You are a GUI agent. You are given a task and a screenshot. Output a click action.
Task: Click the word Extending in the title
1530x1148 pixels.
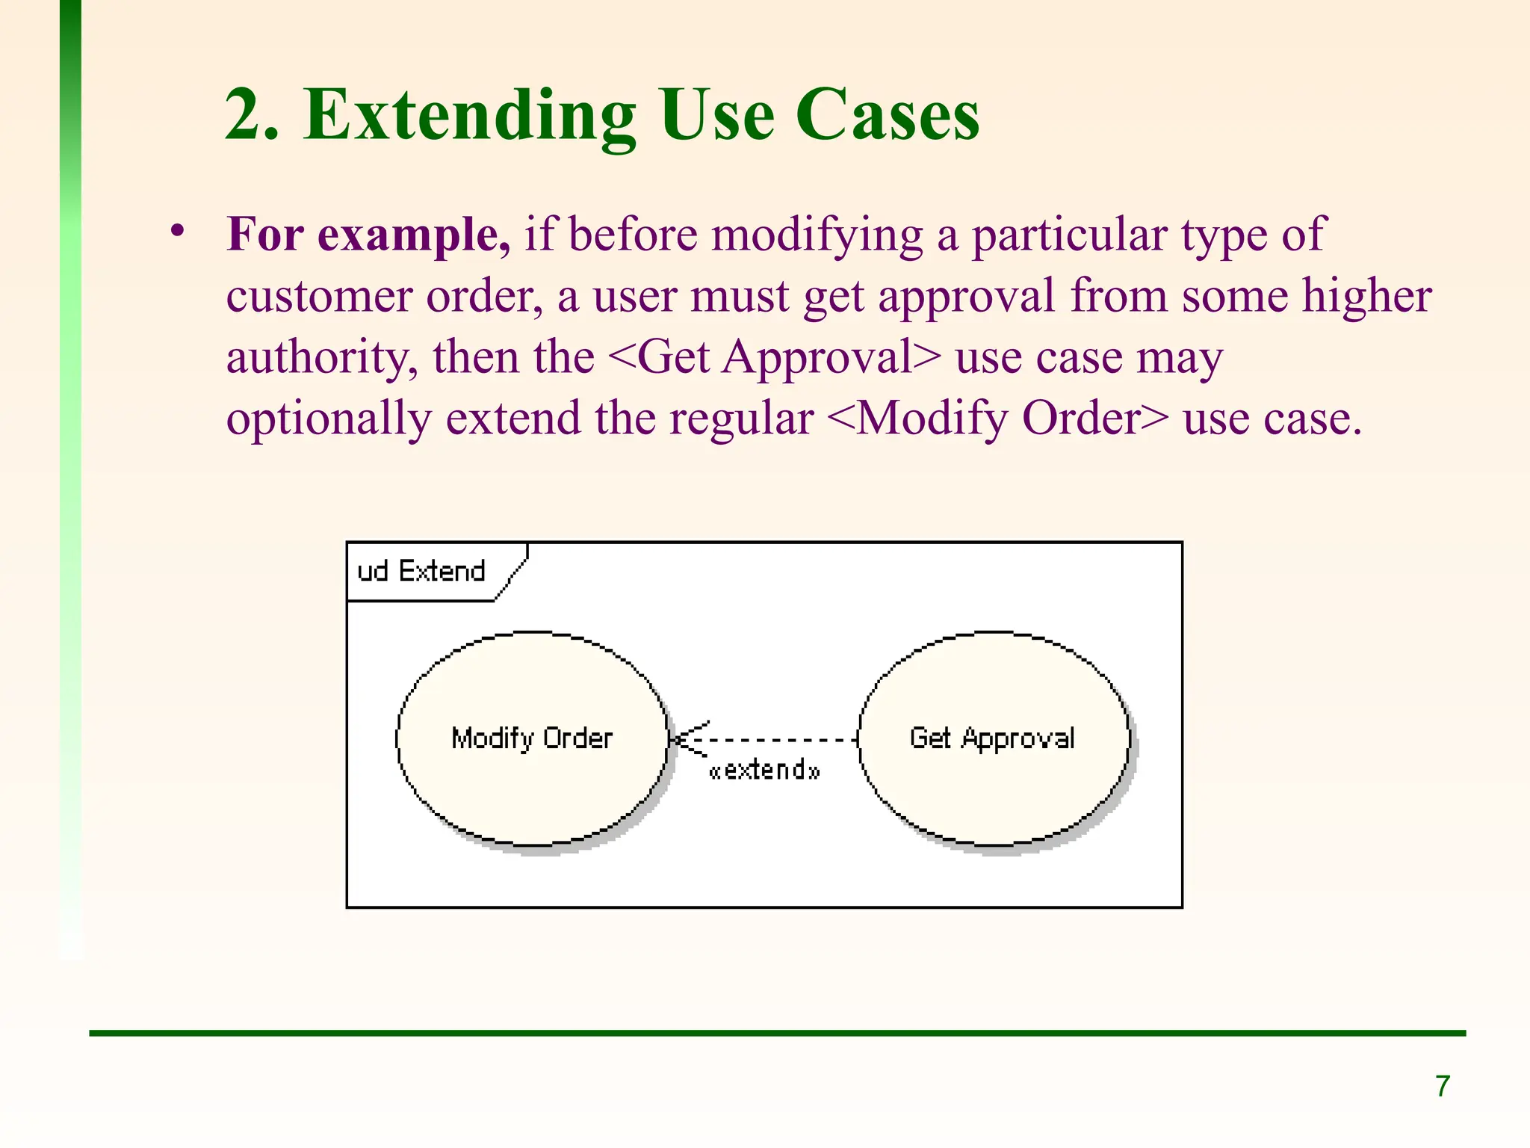470,116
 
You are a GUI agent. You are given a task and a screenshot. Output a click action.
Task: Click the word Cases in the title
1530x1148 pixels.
887,116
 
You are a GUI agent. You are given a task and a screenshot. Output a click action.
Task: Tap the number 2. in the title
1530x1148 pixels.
253,116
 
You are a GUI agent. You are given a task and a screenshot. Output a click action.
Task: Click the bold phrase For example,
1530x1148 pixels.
368,235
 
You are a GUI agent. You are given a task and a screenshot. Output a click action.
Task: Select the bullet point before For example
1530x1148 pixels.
177,230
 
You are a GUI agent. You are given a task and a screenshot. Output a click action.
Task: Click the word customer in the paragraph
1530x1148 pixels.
319,297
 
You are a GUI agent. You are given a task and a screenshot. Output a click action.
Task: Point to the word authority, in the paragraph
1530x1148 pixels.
321,358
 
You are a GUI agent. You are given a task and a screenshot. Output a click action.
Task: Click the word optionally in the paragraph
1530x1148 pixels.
329,419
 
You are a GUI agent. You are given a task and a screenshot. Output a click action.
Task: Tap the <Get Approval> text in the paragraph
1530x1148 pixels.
775,357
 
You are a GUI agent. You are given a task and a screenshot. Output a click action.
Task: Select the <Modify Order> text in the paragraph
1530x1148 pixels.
997,419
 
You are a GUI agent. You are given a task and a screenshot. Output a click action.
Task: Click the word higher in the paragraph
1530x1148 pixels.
1366,296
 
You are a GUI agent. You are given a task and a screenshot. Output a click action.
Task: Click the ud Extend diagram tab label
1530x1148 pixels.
421,572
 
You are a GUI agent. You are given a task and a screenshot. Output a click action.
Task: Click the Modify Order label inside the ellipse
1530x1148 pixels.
532,738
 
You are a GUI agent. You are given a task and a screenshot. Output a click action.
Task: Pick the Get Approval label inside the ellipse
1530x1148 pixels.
992,738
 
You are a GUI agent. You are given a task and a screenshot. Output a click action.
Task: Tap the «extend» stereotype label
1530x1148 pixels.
764,770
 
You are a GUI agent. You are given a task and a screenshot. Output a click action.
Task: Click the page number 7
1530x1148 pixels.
1443,1086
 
